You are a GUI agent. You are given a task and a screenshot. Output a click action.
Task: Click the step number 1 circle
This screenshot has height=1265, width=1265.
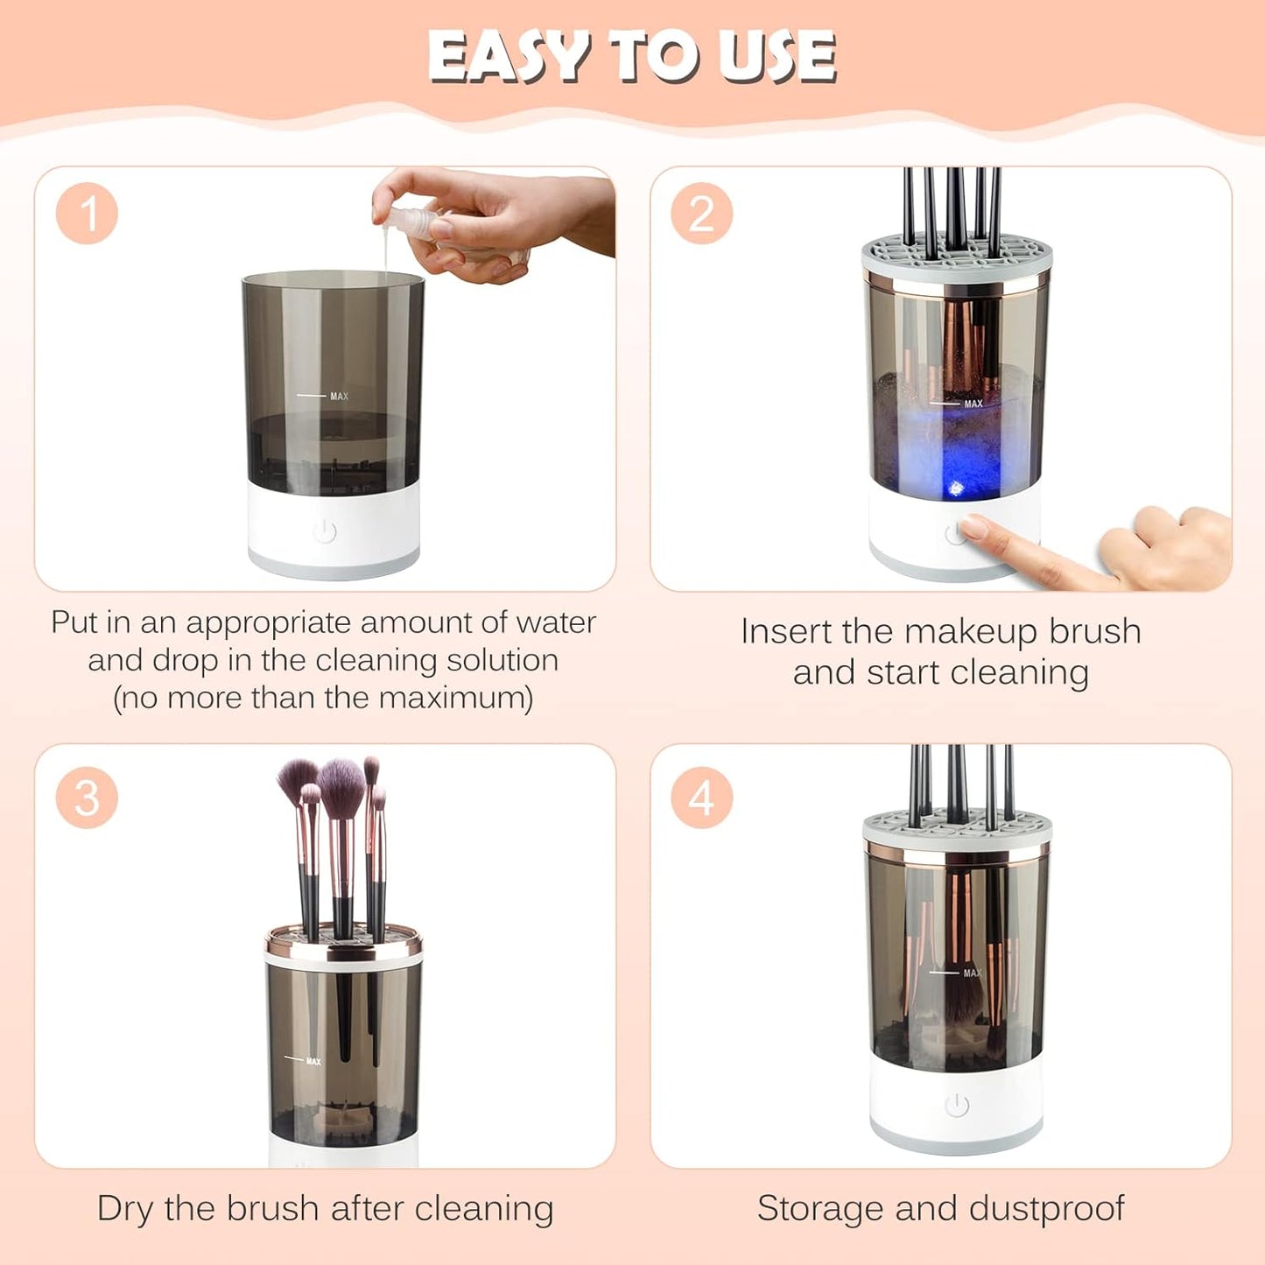[87, 214]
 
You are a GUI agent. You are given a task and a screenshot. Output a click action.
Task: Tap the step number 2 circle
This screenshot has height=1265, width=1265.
[701, 214]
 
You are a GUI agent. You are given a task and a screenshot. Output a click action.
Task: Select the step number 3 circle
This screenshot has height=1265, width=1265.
[87, 798]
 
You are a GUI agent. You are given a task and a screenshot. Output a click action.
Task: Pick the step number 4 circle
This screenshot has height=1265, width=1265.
[701, 798]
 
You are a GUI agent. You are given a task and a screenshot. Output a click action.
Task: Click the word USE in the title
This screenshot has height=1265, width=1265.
[776, 57]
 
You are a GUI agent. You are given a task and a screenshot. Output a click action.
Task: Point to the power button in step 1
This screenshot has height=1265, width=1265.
[325, 531]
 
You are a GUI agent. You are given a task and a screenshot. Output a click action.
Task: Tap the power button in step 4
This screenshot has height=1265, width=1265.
[957, 1106]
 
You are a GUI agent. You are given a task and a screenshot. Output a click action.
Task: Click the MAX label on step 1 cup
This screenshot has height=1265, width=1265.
[339, 397]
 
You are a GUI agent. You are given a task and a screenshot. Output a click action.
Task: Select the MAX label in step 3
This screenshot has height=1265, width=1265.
[313, 1061]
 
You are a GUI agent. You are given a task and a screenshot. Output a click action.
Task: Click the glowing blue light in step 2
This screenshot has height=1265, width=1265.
[956, 487]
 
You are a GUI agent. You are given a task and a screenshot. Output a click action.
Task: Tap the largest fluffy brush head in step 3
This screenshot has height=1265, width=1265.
[341, 784]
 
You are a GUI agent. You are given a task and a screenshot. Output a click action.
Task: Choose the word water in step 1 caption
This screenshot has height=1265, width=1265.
[556, 622]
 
